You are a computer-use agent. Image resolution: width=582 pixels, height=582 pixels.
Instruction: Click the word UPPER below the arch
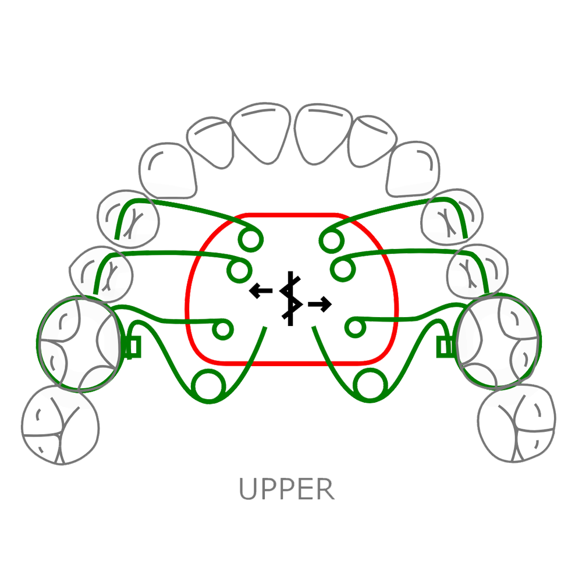coord(287,489)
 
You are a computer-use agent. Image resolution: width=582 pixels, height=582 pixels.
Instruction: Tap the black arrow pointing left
coord(260,290)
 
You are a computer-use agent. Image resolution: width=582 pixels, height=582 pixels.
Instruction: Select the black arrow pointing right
coord(320,303)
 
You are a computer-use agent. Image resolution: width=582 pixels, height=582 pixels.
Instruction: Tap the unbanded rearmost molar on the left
coord(60,421)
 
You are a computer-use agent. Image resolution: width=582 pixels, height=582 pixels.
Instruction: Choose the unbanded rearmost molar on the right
coord(517,421)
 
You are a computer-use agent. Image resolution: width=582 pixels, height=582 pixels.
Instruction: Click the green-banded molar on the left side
coord(80,342)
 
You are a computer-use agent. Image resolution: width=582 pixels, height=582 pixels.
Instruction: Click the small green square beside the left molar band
coord(134,348)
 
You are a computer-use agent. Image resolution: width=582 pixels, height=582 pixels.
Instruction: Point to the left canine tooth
coord(168,169)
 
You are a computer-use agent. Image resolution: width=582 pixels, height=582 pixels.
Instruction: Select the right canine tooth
coord(414,169)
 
